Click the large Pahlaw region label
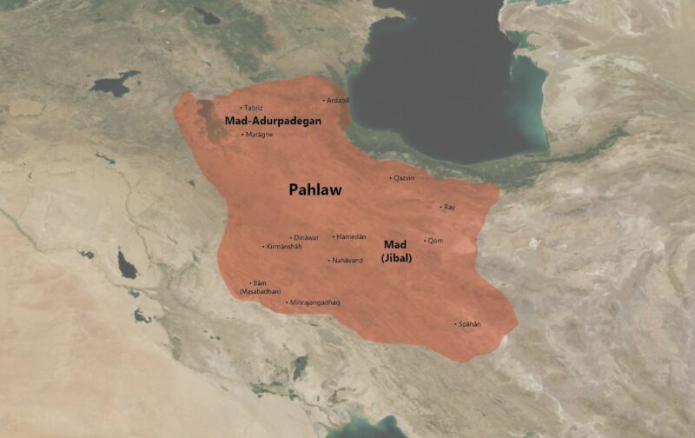(314, 189)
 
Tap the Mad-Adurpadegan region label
(274, 121)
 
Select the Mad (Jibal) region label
(396, 251)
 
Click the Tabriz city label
(253, 108)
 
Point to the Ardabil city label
(338, 101)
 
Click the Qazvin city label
(404, 178)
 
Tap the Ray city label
(449, 208)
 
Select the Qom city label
(435, 241)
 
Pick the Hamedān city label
(351, 237)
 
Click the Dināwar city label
(306, 237)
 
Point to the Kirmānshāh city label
(285, 247)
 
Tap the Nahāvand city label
(347, 261)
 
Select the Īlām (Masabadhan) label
(260, 288)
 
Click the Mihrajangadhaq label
(314, 302)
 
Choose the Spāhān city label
(469, 324)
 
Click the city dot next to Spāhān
(455, 324)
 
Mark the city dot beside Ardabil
(323, 101)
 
